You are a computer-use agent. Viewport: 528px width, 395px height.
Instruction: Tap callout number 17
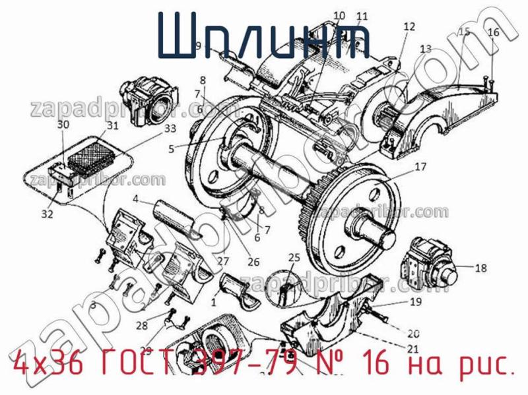[x=420, y=167]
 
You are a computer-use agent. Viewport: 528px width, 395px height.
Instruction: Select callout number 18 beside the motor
[x=480, y=268]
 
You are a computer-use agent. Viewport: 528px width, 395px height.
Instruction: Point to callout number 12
[x=409, y=27]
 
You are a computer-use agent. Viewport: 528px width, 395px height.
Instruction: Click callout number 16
[x=493, y=32]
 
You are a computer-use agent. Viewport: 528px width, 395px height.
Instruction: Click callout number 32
[x=46, y=213]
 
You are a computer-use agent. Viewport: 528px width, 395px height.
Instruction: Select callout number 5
[x=172, y=149]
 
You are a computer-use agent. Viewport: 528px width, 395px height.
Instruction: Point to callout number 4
[x=135, y=198]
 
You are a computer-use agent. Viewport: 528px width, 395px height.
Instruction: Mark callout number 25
[x=294, y=257]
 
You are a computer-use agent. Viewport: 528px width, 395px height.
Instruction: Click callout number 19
[x=415, y=303]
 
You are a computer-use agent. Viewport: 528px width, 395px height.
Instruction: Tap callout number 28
[x=143, y=325]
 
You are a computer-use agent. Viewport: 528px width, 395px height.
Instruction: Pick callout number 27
[x=223, y=260]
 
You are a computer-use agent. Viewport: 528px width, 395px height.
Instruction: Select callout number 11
[x=361, y=16]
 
